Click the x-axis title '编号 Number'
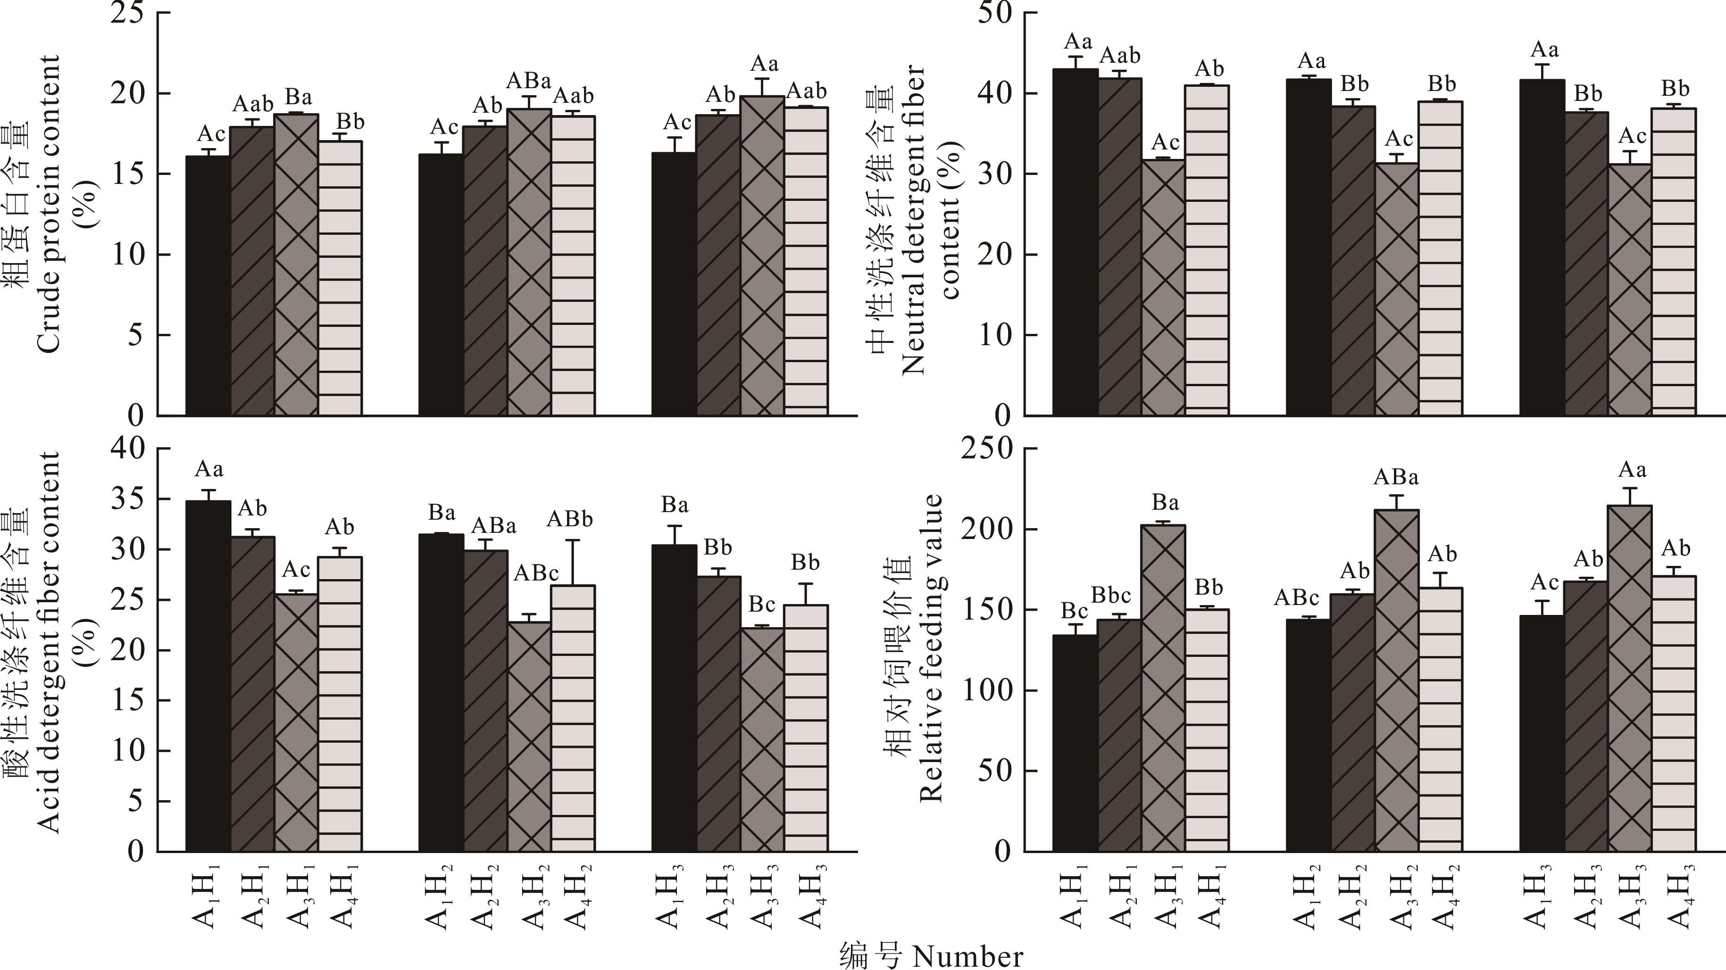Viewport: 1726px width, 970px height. pos(931,956)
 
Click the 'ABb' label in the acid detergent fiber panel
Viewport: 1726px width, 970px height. pos(570,519)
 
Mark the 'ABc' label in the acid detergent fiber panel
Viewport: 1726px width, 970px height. pos(536,573)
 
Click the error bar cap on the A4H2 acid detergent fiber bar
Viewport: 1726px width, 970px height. pos(573,540)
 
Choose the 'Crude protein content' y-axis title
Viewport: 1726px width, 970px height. pos(48,204)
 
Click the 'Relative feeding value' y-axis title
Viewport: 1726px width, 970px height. pos(931,648)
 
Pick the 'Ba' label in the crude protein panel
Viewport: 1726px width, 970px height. pos(298,98)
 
